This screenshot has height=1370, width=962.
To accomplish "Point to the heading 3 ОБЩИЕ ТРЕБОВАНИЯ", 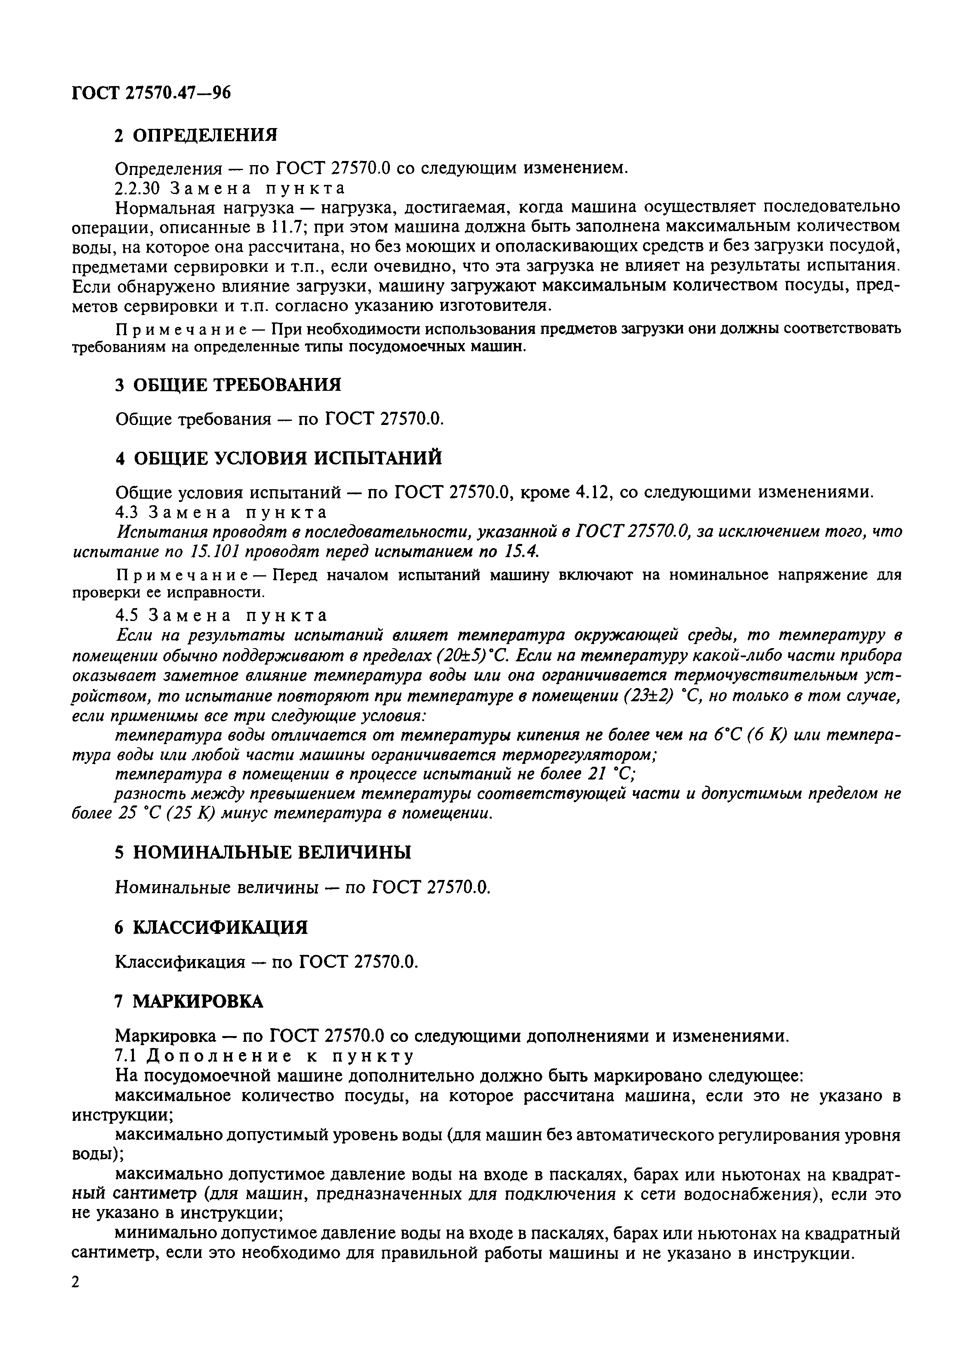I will click(228, 385).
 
